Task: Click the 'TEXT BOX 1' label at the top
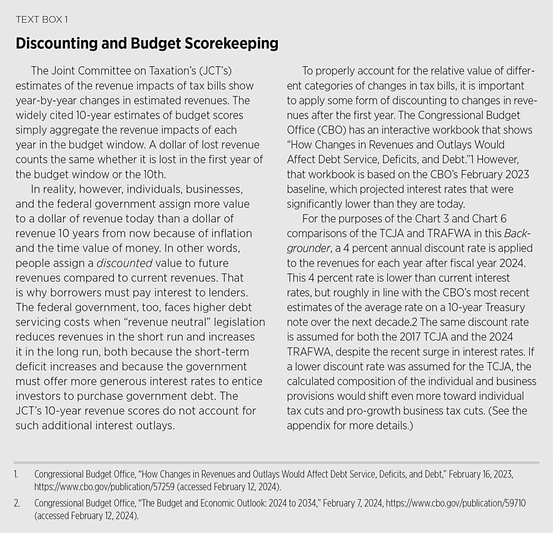(41, 19)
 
